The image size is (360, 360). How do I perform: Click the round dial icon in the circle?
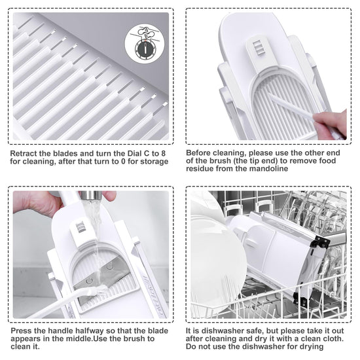[x=145, y=49]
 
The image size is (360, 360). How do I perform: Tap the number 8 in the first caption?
[x=163, y=153]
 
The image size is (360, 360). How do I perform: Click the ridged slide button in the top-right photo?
[x=257, y=47]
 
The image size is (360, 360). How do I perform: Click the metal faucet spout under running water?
[x=91, y=195]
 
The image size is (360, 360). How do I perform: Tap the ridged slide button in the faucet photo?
[x=81, y=227]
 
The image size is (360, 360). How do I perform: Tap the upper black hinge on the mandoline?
[x=319, y=242]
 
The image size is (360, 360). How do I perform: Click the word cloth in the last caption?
[x=333, y=338]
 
